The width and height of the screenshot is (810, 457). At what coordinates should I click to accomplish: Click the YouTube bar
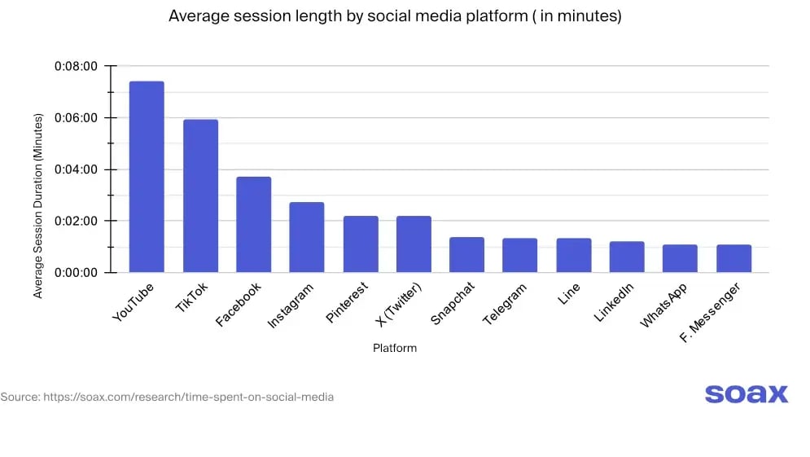[147, 177]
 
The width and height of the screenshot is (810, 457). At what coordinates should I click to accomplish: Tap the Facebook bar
[253, 224]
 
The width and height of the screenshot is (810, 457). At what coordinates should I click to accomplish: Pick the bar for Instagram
[307, 237]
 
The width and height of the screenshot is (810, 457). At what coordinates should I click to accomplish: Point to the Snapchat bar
[466, 254]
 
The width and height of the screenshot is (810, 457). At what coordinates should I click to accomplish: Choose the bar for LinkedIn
[627, 257]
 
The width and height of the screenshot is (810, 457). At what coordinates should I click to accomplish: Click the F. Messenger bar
[733, 258]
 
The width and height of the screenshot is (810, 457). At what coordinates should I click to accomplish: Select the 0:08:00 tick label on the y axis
[76, 66]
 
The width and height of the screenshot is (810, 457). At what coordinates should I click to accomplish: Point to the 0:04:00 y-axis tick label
[76, 169]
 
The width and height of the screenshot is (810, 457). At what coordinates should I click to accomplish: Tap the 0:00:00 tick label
[76, 272]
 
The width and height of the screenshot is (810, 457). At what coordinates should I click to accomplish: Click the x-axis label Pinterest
[348, 303]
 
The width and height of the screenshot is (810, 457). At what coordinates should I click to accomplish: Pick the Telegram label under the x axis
[506, 304]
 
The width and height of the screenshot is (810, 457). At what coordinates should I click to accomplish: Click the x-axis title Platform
[395, 348]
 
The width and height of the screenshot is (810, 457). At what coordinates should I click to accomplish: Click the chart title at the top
[395, 16]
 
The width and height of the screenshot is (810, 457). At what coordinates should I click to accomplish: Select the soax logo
[746, 394]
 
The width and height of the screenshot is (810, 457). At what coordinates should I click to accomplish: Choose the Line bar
[573, 255]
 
